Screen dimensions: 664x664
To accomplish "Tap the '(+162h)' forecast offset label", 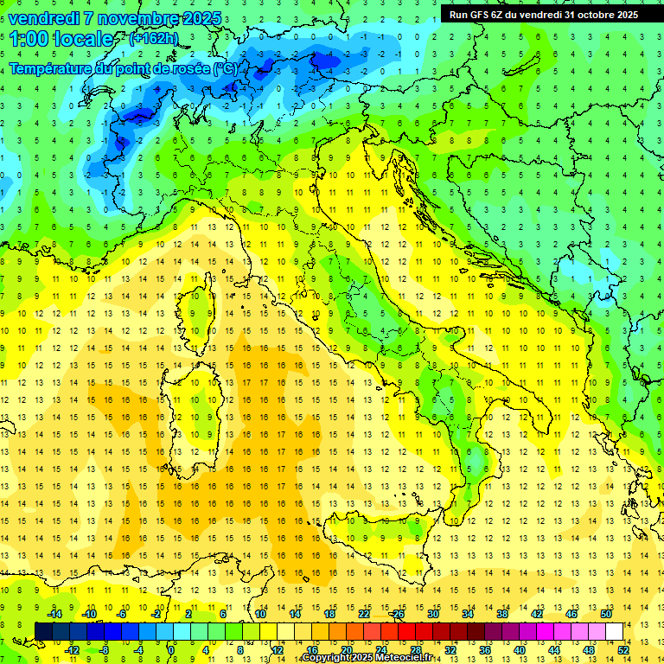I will pyautogui.click(x=154, y=38).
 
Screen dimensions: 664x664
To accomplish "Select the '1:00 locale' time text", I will pyautogui.click(x=61, y=39).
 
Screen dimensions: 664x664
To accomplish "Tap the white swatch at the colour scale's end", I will pyautogui.click(x=614, y=631).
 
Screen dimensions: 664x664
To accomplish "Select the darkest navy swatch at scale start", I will pyautogui.click(x=43, y=631).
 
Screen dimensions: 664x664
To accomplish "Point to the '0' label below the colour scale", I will pyautogui.click(x=171, y=649).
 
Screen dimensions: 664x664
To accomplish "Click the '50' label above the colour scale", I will pyautogui.click(x=605, y=614).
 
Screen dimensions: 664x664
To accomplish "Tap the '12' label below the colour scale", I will pyautogui.click(x=278, y=649).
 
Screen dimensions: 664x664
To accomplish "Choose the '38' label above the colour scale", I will pyautogui.click(x=502, y=614).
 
